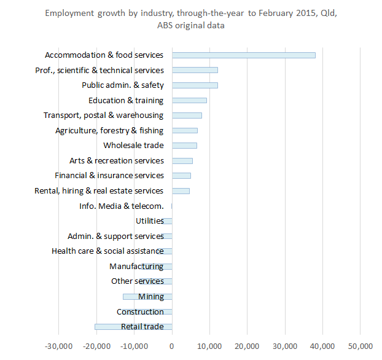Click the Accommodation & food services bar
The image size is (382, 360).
243,55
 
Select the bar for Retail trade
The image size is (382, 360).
133,327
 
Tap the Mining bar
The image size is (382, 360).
147,297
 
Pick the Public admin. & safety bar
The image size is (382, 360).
195,85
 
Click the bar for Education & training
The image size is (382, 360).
189,100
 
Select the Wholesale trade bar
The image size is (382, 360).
184,146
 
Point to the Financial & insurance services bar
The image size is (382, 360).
181,176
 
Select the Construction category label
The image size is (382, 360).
140,311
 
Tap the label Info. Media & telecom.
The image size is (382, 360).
122,206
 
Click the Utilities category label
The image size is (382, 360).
149,221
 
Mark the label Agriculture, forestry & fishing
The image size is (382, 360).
109,130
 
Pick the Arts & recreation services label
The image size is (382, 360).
116,160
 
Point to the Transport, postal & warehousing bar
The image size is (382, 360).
187,115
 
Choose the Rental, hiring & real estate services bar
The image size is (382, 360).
181,191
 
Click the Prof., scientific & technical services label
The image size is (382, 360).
99,70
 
